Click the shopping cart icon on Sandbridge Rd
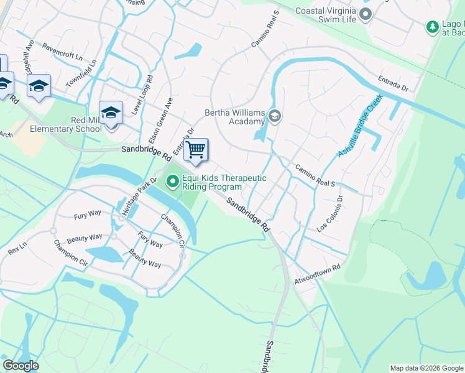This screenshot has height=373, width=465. point(196,150)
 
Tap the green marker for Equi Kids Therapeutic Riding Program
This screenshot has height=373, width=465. point(172,182)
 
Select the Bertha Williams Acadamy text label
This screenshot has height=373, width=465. point(235,117)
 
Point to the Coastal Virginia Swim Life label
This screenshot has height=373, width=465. point(326,15)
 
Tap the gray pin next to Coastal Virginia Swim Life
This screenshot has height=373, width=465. point(366,14)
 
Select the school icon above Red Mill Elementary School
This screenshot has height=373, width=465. point(111,113)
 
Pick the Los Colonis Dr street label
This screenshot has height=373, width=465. point(329,215)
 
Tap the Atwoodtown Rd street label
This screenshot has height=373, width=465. point(318,274)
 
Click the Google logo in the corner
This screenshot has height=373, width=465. point(21,366)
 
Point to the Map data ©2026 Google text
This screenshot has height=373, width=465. point(426,368)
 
